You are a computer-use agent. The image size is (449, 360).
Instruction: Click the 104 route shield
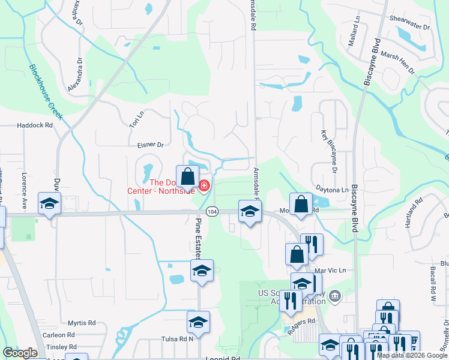[211, 212]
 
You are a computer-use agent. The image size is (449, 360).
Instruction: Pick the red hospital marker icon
[204, 186]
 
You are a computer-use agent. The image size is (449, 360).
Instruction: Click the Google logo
[20, 353]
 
